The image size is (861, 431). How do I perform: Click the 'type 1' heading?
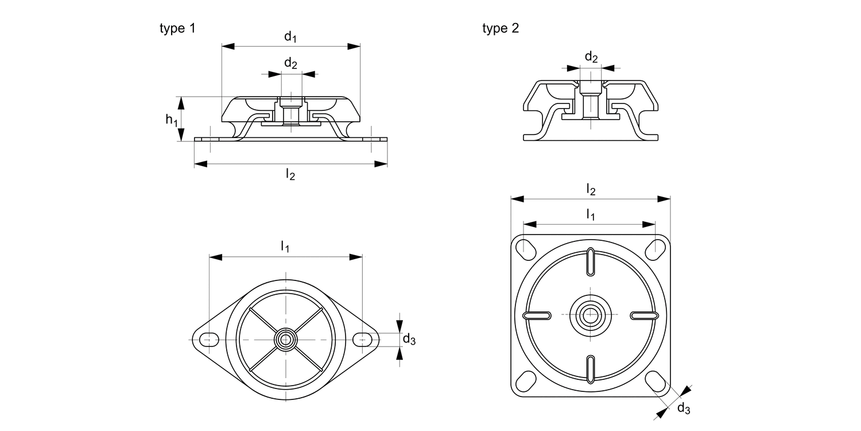click(x=177, y=28)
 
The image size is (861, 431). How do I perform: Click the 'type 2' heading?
click(x=501, y=29)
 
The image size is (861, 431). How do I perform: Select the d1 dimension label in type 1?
click(x=290, y=37)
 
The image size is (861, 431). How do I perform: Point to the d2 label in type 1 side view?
click(x=290, y=63)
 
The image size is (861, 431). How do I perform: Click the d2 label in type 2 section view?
click(x=591, y=57)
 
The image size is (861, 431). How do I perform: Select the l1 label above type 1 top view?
click(x=285, y=247)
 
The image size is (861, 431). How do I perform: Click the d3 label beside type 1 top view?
click(x=409, y=340)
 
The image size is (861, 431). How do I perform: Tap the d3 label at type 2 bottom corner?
click(x=683, y=409)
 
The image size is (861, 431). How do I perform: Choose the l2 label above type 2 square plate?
click(x=591, y=188)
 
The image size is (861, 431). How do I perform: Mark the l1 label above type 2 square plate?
click(x=590, y=214)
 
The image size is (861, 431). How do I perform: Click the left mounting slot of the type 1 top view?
click(x=208, y=340)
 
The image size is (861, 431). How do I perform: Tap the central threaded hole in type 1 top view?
click(x=285, y=340)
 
